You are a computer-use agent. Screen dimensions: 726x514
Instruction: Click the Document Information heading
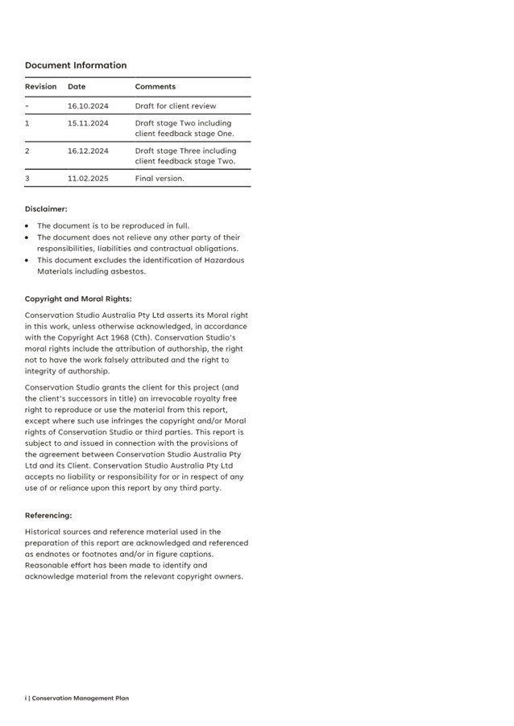[75, 65]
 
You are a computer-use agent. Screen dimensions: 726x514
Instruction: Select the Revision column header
[40, 87]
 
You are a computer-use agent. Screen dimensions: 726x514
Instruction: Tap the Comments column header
[155, 87]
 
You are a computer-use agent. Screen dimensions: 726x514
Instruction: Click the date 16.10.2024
[88, 106]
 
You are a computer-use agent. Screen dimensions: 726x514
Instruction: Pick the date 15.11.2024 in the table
[88, 124]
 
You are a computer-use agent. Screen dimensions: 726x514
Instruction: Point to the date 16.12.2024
[88, 151]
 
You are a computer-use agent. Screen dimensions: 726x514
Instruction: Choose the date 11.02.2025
[88, 179]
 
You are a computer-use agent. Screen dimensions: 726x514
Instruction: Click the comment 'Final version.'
[160, 179]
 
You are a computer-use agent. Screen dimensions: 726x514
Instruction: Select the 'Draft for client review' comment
[176, 106]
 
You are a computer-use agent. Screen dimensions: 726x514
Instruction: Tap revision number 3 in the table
[27, 179]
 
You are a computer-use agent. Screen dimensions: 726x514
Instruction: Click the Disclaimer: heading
[46, 209]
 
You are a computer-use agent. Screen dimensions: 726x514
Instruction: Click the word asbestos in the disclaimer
[129, 271]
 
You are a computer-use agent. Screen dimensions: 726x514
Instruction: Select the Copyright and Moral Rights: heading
[78, 299]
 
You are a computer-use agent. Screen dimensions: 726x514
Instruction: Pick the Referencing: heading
[48, 515]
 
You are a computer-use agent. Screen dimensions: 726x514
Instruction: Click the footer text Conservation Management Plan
[80, 698]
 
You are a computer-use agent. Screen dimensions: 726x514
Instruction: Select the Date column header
[77, 87]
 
